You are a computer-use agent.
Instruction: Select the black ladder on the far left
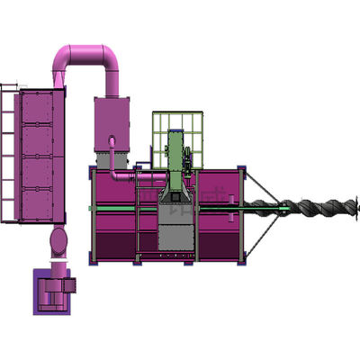pos(8,153)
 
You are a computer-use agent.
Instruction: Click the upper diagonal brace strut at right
pos(265,189)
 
